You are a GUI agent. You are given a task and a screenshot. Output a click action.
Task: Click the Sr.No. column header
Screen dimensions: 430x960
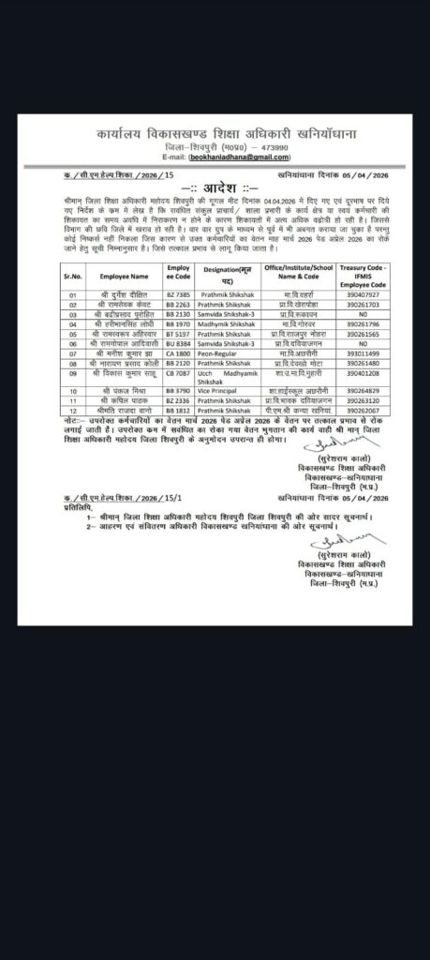coord(73,277)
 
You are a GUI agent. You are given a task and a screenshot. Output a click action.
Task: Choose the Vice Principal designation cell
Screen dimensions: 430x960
coord(219,388)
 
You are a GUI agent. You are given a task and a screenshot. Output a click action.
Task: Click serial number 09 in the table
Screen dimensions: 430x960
coord(73,372)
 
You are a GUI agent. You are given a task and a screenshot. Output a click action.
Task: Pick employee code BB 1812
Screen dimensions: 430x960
coord(179,409)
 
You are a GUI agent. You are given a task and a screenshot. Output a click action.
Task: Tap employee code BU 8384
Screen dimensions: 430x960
coord(179,344)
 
